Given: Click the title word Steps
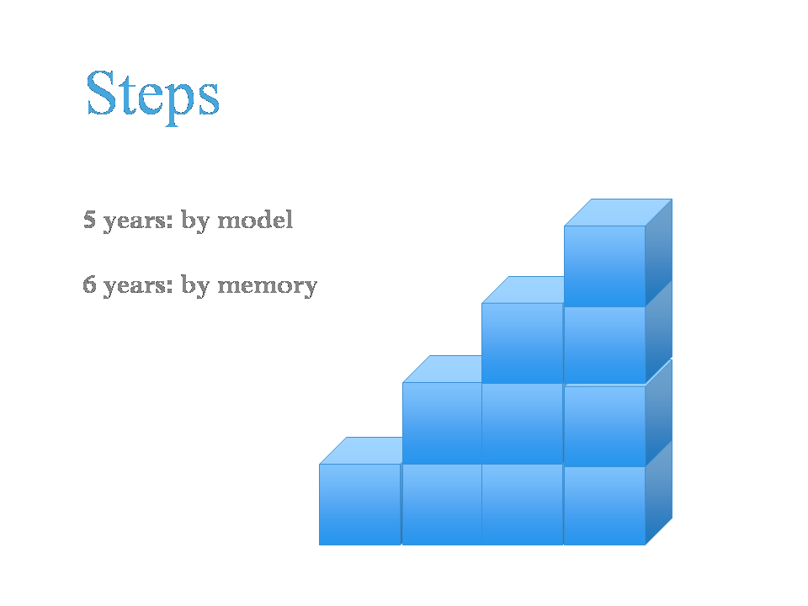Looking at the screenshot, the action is [152, 96].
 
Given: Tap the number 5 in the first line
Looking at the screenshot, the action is [89, 219].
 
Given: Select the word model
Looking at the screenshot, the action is [255, 220].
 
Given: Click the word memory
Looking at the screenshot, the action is [267, 286].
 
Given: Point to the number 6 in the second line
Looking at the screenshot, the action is [89, 284].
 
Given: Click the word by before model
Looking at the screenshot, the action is [195, 221].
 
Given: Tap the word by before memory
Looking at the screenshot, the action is [195, 286].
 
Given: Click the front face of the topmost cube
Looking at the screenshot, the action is [604, 266].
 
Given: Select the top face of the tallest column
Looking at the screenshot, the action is [618, 212].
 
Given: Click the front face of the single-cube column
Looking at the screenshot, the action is [359, 504].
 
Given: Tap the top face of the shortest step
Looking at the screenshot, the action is [361, 451].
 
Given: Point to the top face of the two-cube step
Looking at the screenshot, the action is [442, 369].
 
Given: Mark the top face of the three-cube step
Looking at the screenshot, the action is [523, 290].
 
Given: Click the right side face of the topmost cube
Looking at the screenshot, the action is [658, 252].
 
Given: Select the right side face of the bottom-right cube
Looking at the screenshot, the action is [658, 493].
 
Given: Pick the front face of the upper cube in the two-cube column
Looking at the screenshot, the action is [442, 423].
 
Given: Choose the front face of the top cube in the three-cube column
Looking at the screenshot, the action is [522, 343].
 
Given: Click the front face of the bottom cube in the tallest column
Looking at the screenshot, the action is [604, 506].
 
